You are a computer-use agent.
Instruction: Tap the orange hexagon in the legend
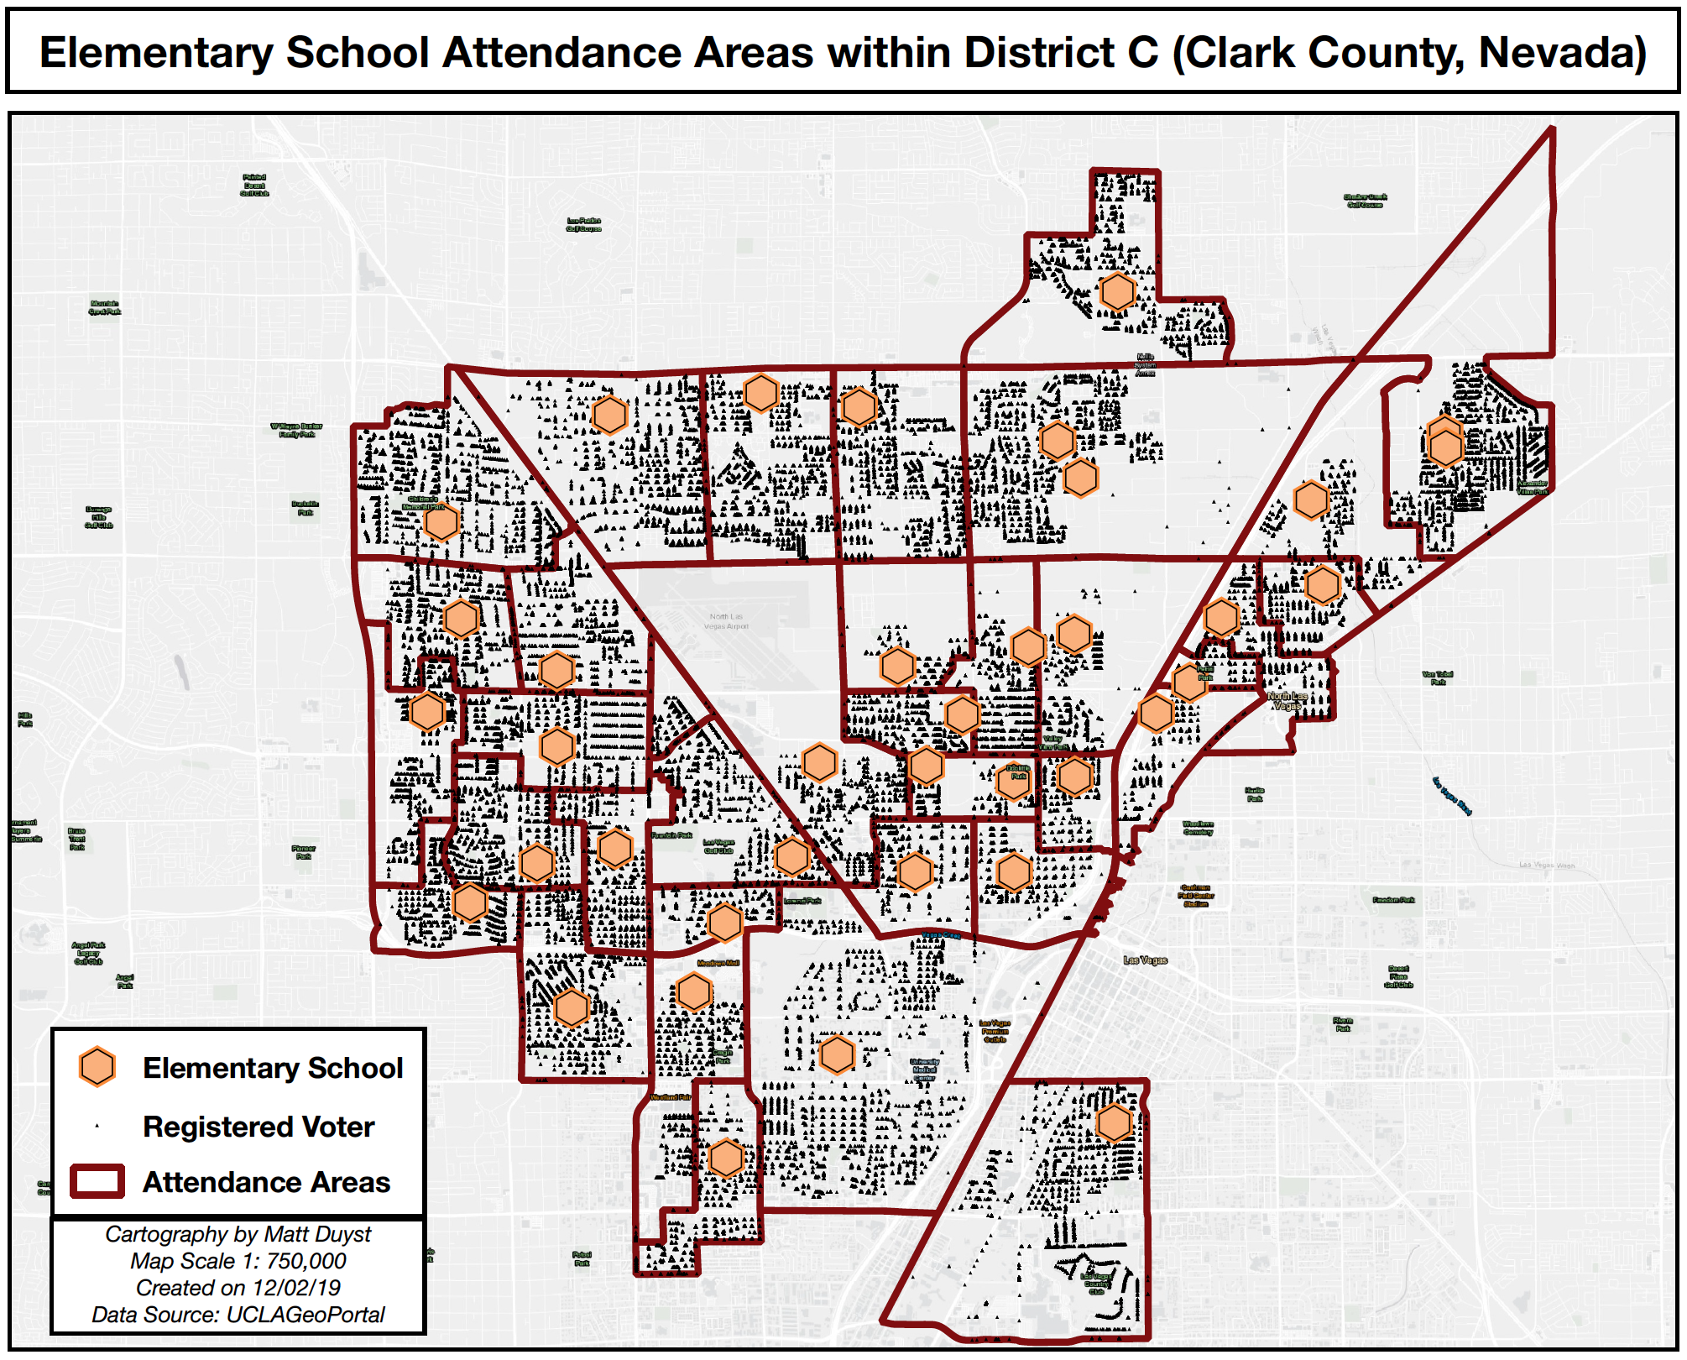pyautogui.click(x=97, y=1067)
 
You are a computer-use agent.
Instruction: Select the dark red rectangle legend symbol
pyautogui.click(x=97, y=1181)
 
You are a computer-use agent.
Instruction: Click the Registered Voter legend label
pyautogui.click(x=259, y=1127)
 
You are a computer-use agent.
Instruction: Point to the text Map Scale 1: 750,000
pyautogui.click(x=238, y=1261)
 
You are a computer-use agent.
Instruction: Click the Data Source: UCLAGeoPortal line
pyautogui.click(x=238, y=1315)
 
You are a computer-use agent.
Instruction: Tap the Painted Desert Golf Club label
pyautogui.click(x=254, y=186)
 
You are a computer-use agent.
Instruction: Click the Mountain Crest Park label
pyautogui.click(x=105, y=307)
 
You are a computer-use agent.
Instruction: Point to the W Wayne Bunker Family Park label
pyautogui.click(x=296, y=430)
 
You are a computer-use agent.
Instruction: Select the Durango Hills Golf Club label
pyautogui.click(x=98, y=517)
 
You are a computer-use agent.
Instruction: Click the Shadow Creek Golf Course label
pyautogui.click(x=1365, y=201)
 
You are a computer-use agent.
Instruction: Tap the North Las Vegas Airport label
pyautogui.click(x=726, y=621)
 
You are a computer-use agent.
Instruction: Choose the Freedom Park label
pyautogui.click(x=1393, y=900)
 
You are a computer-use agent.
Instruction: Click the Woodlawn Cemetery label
pyautogui.click(x=1198, y=828)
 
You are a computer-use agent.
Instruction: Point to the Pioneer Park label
pyautogui.click(x=304, y=852)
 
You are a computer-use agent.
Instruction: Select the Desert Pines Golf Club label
pyautogui.click(x=1398, y=976)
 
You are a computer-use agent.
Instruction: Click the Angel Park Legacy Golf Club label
pyautogui.click(x=89, y=953)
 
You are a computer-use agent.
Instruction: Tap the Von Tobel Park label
pyautogui.click(x=1438, y=677)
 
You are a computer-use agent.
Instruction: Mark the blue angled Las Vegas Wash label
pyautogui.click(x=1452, y=795)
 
